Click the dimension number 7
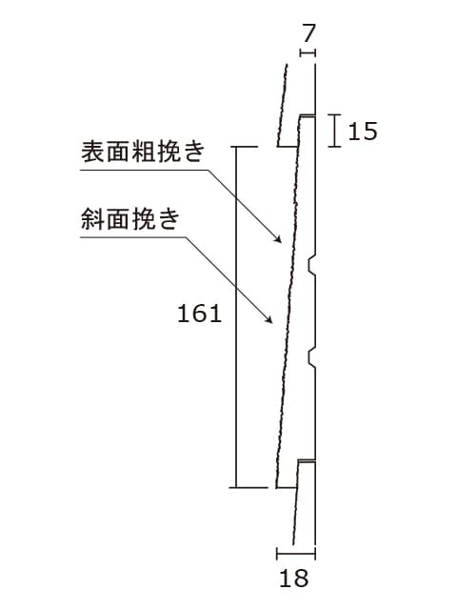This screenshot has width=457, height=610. [308, 33]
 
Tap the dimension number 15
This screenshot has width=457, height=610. [363, 132]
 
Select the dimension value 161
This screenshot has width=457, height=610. [199, 314]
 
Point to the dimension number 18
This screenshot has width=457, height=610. [294, 579]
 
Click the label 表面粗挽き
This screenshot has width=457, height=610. [143, 152]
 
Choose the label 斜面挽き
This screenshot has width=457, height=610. [130, 218]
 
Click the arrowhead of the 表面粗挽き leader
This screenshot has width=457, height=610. [278, 239]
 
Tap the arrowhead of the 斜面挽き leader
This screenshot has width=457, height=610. [268, 318]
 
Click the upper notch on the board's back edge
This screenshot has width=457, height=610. [311, 265]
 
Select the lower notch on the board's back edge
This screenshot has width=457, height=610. [311, 358]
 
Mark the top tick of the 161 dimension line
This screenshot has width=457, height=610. [244, 147]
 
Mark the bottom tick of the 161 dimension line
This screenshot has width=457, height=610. [248, 487]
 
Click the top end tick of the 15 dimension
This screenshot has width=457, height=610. [334, 114]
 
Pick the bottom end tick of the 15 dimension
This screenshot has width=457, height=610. [334, 147]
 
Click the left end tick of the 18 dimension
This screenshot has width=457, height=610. [277, 553]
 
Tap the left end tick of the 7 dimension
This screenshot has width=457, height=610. [301, 52]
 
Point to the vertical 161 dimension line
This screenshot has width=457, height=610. [236, 316]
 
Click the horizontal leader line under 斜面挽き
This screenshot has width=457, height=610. [133, 237]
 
